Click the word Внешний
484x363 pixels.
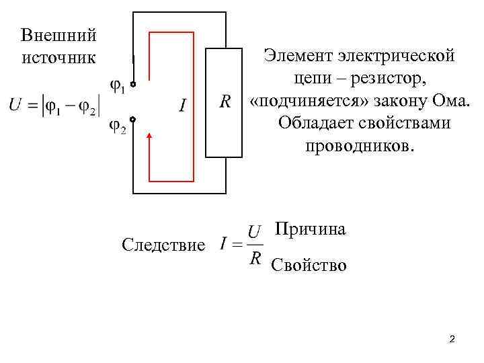pyautogui.click(x=58, y=35)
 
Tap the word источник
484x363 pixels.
pyautogui.click(x=58, y=57)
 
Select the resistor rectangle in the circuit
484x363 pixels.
pyautogui.click(x=223, y=103)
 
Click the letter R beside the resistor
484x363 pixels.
pyautogui.click(x=226, y=102)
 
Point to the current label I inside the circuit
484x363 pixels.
pyautogui.click(x=183, y=106)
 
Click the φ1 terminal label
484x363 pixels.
pyautogui.click(x=117, y=87)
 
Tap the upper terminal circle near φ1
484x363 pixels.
pyautogui.click(x=133, y=85)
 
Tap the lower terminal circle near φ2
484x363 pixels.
pyautogui.click(x=133, y=120)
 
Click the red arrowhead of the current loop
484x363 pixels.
pyautogui.click(x=149, y=138)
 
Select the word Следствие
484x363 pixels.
pyautogui.click(x=164, y=245)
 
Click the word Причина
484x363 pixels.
pyautogui.click(x=311, y=230)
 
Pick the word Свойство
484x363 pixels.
pyautogui.click(x=309, y=266)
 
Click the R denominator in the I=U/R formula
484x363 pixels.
pyautogui.click(x=255, y=259)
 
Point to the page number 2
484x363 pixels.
pyautogui.click(x=452, y=339)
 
